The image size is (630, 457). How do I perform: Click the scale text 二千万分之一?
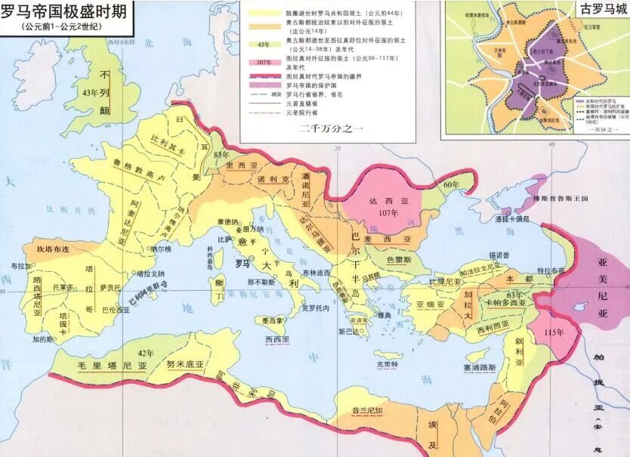click(332, 128)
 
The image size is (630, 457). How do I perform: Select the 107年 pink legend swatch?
click(264, 63)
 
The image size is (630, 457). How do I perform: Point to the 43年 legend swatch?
click(264, 45)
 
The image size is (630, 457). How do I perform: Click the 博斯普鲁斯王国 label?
click(560, 199)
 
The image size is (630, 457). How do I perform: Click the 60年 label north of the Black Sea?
click(451, 184)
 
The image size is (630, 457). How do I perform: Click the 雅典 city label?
click(384, 316)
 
